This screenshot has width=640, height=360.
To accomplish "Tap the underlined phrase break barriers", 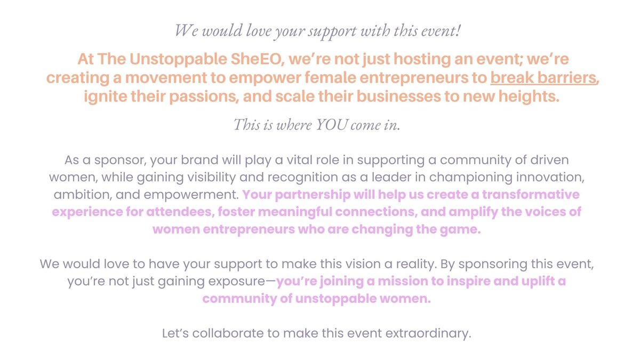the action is pos(543,78).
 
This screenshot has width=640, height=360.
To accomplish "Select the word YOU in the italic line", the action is pos(332,125).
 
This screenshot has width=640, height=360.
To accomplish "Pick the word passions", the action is pos(204,97).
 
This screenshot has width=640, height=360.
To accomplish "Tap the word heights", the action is pos(529,97).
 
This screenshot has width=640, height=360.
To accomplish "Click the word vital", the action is pos(299,160).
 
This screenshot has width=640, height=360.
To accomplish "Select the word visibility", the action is pos(211,178).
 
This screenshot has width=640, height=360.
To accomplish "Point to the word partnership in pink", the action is pos(313,195).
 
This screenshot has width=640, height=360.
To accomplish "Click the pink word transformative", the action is pos(531,195).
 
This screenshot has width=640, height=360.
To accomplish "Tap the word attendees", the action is pos(181,212).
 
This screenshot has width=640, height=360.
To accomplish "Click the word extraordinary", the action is pos(428,334).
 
